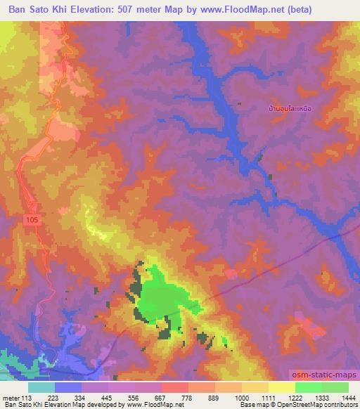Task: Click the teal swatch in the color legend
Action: tap(41, 387)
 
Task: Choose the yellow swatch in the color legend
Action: tap(281, 387)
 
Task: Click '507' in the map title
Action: tap(150, 8)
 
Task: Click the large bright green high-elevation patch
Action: tap(165, 299)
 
